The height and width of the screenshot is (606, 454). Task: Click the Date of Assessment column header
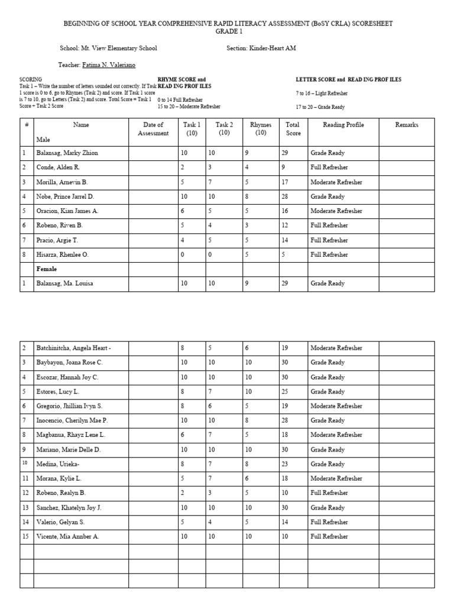point(153,129)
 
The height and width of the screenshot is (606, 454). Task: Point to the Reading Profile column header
point(343,125)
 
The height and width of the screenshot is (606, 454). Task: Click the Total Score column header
point(293,129)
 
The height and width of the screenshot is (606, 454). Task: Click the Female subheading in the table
point(47,269)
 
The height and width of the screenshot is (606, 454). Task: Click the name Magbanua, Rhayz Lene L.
point(71,435)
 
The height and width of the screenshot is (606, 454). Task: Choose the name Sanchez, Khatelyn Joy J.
point(69,508)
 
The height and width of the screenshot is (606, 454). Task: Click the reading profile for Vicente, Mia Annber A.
point(329,537)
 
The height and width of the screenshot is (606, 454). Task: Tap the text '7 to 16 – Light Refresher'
point(322,94)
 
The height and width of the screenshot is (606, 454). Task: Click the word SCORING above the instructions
point(31,79)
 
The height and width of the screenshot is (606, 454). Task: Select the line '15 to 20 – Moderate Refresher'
point(189,107)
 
